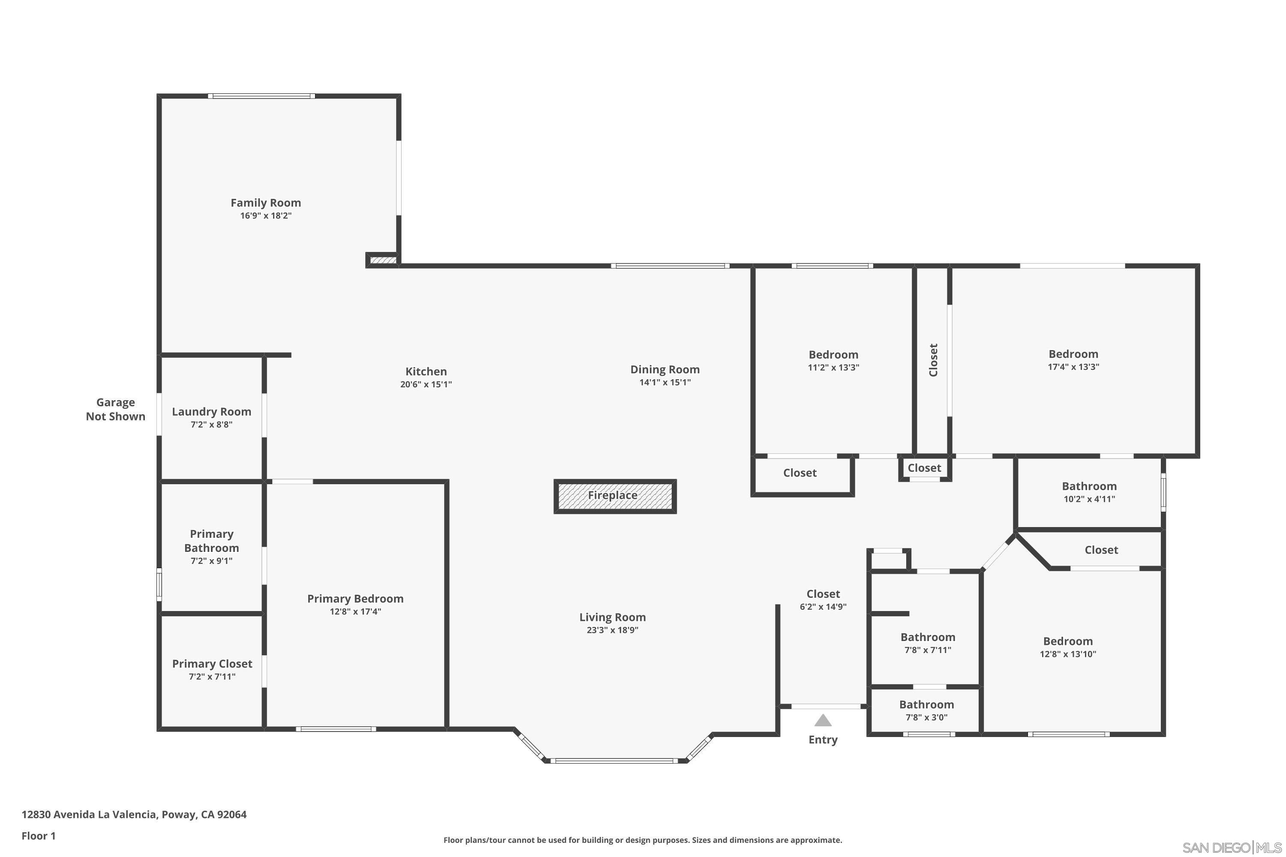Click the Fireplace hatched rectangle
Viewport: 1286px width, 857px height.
615,496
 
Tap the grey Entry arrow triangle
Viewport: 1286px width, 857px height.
823,720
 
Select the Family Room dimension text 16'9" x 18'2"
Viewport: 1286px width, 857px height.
266,216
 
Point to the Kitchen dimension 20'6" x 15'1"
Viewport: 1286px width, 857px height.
426,385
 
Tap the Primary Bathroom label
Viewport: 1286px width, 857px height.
212,541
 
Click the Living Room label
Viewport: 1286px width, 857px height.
613,617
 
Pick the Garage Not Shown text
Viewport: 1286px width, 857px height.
115,409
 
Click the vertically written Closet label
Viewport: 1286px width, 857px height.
933,360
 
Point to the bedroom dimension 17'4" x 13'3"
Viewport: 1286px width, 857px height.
1073,367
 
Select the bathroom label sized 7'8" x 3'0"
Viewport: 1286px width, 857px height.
926,705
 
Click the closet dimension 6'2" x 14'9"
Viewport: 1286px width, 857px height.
823,607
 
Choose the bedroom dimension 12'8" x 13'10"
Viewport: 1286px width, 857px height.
1068,654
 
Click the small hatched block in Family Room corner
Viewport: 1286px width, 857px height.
383,260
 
